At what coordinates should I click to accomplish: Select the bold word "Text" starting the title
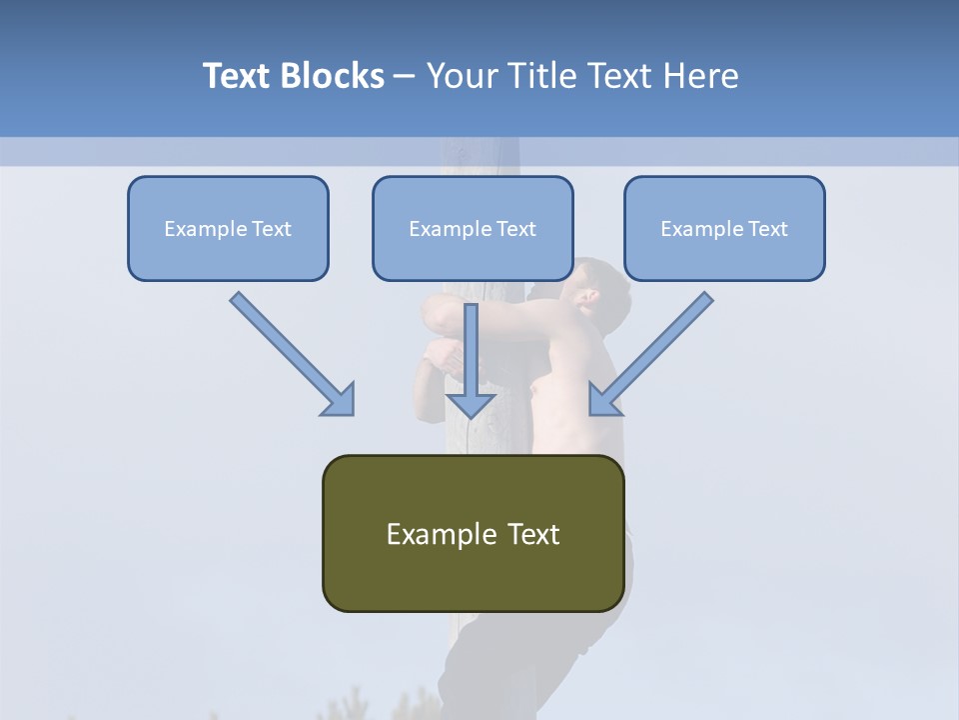(x=241, y=76)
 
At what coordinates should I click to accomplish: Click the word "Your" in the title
(x=459, y=76)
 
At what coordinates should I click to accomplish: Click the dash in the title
(x=405, y=77)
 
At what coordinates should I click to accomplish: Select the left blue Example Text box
(x=228, y=228)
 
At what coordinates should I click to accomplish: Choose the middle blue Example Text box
(x=473, y=228)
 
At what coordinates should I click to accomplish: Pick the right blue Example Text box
(x=724, y=228)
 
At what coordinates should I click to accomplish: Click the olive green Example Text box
(x=473, y=533)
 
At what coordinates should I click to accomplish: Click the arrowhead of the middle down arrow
(x=472, y=403)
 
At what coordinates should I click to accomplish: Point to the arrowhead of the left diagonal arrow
(x=340, y=400)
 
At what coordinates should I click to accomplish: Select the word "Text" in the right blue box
(x=767, y=228)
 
